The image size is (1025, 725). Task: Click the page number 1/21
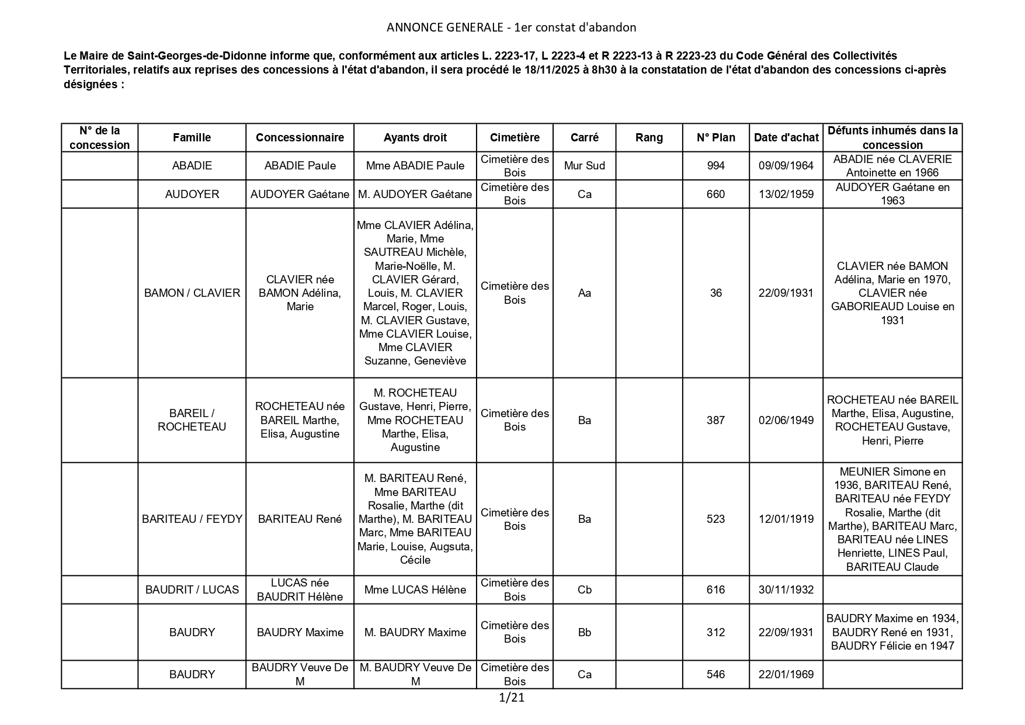[512, 697]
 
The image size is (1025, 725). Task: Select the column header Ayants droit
[415, 138]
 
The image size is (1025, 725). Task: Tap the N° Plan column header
[715, 138]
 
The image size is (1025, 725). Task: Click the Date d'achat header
[786, 138]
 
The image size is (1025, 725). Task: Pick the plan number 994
[715, 166]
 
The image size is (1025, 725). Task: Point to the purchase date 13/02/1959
[786, 194]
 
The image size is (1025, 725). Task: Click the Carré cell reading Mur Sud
[584, 166]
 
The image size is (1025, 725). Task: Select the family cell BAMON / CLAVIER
[192, 293]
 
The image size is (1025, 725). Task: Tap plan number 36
[715, 293]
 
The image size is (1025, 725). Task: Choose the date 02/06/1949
[786, 420]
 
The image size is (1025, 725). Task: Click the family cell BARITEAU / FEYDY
[192, 519]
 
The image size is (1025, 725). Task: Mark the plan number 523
[715, 519]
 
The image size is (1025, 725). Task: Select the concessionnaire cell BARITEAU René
[300, 519]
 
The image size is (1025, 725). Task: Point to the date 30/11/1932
[786, 590]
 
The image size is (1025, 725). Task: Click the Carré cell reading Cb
[584, 590]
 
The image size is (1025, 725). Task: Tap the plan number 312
[715, 632]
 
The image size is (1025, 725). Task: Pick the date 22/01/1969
[786, 675]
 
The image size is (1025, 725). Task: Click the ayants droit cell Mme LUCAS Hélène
[415, 590]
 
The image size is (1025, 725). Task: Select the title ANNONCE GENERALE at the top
[444, 27]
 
